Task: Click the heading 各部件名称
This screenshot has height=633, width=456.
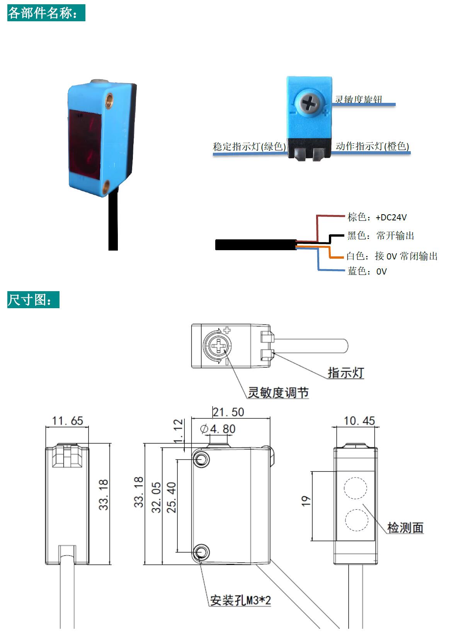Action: click(x=46, y=13)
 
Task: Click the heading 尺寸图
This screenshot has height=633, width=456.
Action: click(x=33, y=300)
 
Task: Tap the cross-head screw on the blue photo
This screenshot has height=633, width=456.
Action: click(x=309, y=102)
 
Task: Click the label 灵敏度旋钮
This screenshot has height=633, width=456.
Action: click(x=358, y=99)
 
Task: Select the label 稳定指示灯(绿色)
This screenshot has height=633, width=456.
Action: click(x=249, y=147)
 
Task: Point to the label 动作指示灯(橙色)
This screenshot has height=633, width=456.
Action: click(x=372, y=146)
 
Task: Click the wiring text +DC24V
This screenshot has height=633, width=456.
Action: click(x=391, y=217)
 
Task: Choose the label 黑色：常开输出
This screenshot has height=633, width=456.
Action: click(x=381, y=235)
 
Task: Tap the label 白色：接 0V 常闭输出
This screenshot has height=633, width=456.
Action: click(x=392, y=256)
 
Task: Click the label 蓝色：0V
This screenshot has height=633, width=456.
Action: click(x=367, y=271)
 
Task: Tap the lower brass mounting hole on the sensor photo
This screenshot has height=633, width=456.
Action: click(x=106, y=185)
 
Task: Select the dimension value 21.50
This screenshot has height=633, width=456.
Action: click(x=228, y=412)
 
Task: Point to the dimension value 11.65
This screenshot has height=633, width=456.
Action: click(x=67, y=421)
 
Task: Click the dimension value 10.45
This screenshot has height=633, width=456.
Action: click(x=359, y=421)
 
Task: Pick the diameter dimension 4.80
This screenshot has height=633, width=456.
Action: click(x=218, y=429)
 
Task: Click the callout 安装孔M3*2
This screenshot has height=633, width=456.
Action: click(x=240, y=601)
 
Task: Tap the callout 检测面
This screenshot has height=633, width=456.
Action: click(x=405, y=527)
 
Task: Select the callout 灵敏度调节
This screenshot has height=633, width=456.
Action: click(x=278, y=392)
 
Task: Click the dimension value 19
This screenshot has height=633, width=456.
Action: click(x=306, y=501)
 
